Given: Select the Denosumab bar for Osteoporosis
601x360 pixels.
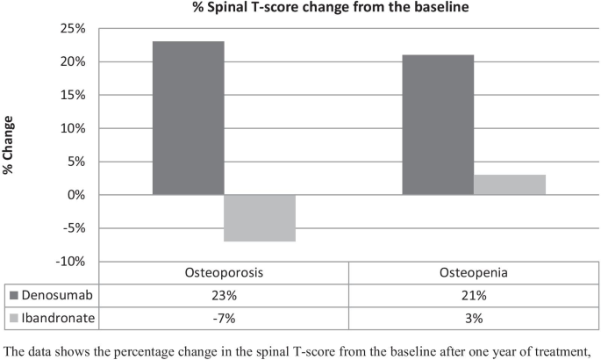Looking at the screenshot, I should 188,118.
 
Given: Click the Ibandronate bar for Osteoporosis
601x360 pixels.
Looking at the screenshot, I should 260,218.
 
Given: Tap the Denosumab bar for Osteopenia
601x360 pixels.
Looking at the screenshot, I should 438,125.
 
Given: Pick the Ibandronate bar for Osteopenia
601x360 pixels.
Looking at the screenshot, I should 510,184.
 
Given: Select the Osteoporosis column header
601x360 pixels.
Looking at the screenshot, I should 224,272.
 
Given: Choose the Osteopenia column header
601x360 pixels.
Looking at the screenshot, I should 474,272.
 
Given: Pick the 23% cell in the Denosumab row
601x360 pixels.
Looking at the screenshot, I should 224,293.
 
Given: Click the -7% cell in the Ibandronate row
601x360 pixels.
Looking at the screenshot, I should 224,313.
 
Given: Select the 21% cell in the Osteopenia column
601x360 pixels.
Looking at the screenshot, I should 474,293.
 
